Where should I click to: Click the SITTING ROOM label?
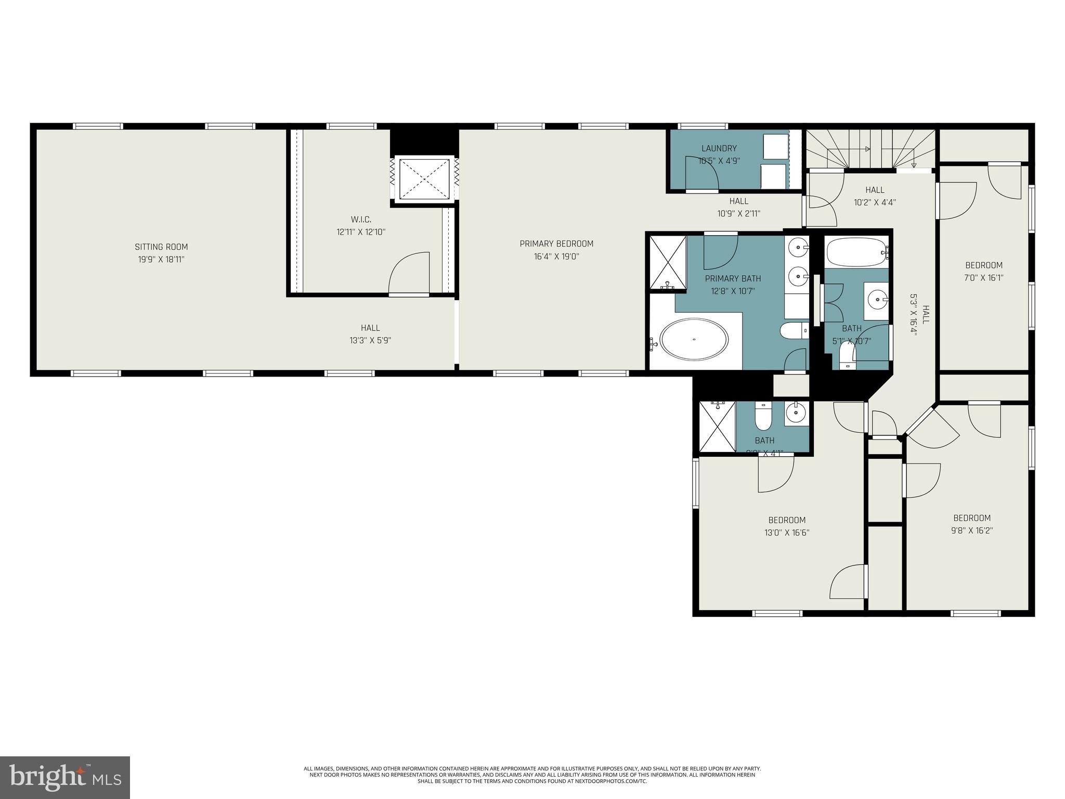pyautogui.click(x=161, y=247)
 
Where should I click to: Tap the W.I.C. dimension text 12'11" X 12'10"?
pyautogui.click(x=361, y=232)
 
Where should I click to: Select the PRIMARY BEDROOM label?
pyautogui.click(x=556, y=244)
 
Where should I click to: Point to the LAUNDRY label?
pyautogui.click(x=719, y=148)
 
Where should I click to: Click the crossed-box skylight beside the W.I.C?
pyautogui.click(x=424, y=178)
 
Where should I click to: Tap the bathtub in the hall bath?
pyautogui.click(x=855, y=252)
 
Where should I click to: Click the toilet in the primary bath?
pyautogui.click(x=794, y=330)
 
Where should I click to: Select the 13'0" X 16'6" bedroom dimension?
pyautogui.click(x=787, y=533)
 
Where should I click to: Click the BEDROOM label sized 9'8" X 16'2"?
pyautogui.click(x=971, y=518)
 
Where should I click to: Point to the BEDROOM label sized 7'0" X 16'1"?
pyautogui.click(x=984, y=265)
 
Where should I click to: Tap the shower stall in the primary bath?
pyautogui.click(x=668, y=262)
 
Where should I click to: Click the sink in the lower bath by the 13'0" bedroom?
pyautogui.click(x=796, y=413)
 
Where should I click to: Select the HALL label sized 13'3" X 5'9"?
pyautogui.click(x=370, y=328)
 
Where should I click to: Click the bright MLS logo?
pyautogui.click(x=65, y=777)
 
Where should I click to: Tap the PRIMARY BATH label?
pyautogui.click(x=733, y=279)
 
